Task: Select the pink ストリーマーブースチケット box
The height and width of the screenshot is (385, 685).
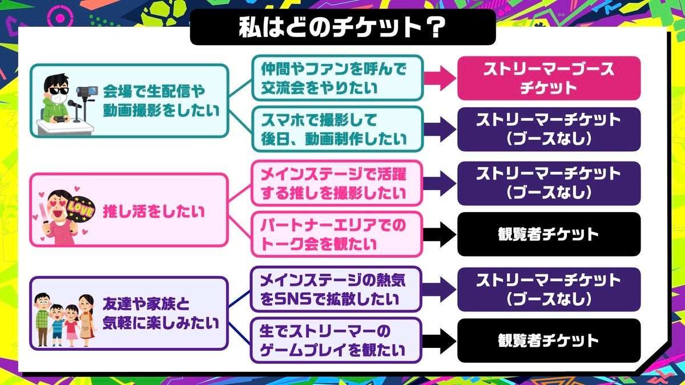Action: point(549,78)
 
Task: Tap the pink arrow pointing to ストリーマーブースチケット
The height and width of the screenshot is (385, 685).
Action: point(440,79)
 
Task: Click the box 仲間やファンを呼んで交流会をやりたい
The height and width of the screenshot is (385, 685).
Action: point(337,79)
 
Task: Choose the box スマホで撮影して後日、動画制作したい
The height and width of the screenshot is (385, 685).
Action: point(337,129)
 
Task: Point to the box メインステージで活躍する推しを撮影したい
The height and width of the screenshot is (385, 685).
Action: point(337,183)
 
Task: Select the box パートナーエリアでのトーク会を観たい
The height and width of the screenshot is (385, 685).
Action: point(337,234)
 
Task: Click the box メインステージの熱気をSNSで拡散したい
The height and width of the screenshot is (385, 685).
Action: point(337,289)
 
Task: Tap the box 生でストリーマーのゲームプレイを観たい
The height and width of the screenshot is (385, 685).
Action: point(337,340)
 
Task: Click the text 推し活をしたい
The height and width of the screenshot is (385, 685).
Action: point(154,211)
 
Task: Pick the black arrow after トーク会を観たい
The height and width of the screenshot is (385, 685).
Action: point(440,234)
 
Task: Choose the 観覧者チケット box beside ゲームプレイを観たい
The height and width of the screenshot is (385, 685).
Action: point(549,341)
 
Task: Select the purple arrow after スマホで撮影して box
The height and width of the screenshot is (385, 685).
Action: point(440,129)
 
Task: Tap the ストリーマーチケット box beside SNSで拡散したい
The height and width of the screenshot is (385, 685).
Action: point(549,289)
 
